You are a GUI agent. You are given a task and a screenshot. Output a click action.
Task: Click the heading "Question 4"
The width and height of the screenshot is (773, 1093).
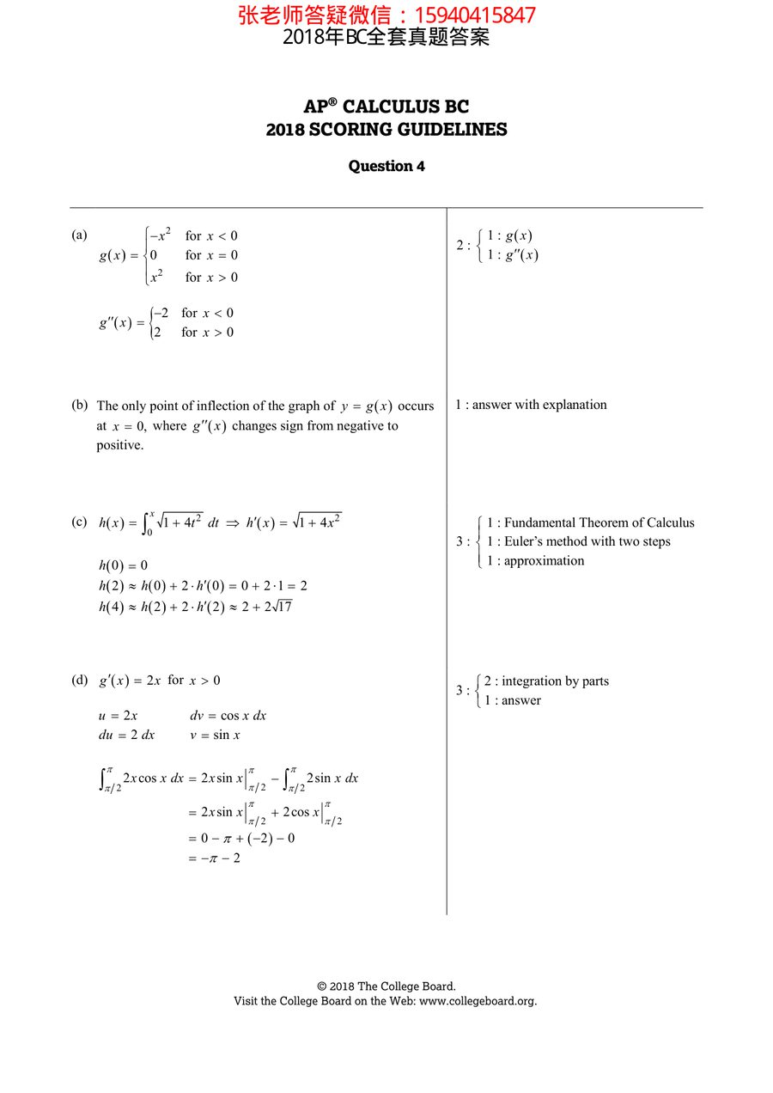click(386, 166)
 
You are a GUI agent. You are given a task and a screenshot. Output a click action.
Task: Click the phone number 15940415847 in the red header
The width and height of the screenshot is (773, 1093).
click(475, 15)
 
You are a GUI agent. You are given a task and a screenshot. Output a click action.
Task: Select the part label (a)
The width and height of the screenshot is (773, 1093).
click(79, 235)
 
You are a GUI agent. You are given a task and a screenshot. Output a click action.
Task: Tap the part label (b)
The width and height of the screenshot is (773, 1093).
click(80, 405)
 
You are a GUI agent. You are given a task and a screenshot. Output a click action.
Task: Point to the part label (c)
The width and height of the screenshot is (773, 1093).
click(80, 522)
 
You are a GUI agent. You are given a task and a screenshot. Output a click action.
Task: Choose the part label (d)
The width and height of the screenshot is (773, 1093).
click(80, 680)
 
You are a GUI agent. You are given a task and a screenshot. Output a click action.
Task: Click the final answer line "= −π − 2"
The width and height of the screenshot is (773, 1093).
click(214, 858)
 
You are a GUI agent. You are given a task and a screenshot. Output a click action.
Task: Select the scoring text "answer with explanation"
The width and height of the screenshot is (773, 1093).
click(539, 405)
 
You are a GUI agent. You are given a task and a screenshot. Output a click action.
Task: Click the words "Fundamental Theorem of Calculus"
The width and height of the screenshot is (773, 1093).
click(600, 522)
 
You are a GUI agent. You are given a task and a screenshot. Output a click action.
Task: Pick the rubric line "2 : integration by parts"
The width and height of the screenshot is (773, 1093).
click(546, 681)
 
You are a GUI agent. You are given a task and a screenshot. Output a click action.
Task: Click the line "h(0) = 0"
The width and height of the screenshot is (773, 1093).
click(123, 565)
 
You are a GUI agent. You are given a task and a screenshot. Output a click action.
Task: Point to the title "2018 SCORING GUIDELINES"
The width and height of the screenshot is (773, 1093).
click(386, 130)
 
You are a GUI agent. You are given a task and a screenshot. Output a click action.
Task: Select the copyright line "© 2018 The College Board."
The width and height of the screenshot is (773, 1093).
click(386, 986)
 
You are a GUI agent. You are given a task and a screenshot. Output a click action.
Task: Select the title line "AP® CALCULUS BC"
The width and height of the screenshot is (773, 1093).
click(386, 107)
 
